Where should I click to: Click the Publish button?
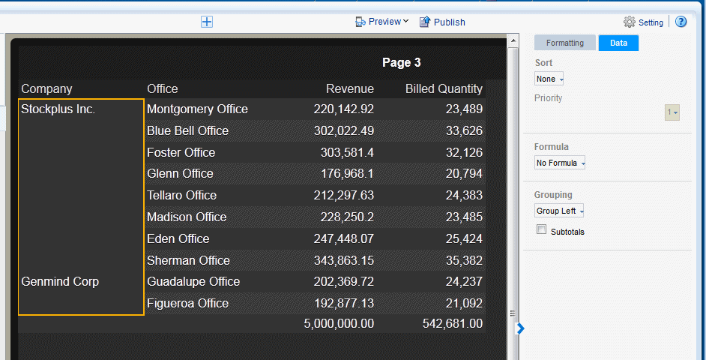click(x=442, y=22)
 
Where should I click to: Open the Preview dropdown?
click(x=382, y=22)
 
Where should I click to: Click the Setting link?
click(x=644, y=22)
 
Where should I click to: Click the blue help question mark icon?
click(x=681, y=22)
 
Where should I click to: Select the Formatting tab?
click(x=564, y=43)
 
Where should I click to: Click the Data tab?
click(x=618, y=43)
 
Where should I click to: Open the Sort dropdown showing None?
click(x=549, y=79)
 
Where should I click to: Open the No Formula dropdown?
click(x=559, y=163)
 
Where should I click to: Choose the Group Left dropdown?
click(x=559, y=211)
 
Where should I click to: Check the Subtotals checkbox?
click(x=542, y=230)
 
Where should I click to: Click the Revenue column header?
click(x=349, y=88)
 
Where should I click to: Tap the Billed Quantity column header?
click(x=444, y=88)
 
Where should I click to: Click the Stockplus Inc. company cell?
click(x=58, y=109)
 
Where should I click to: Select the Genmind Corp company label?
click(x=60, y=281)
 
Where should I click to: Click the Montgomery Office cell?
click(x=197, y=109)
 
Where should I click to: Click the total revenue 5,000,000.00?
click(x=339, y=323)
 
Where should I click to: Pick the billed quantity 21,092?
click(x=464, y=303)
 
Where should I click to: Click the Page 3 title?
click(x=401, y=62)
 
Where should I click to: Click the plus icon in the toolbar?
click(x=207, y=22)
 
